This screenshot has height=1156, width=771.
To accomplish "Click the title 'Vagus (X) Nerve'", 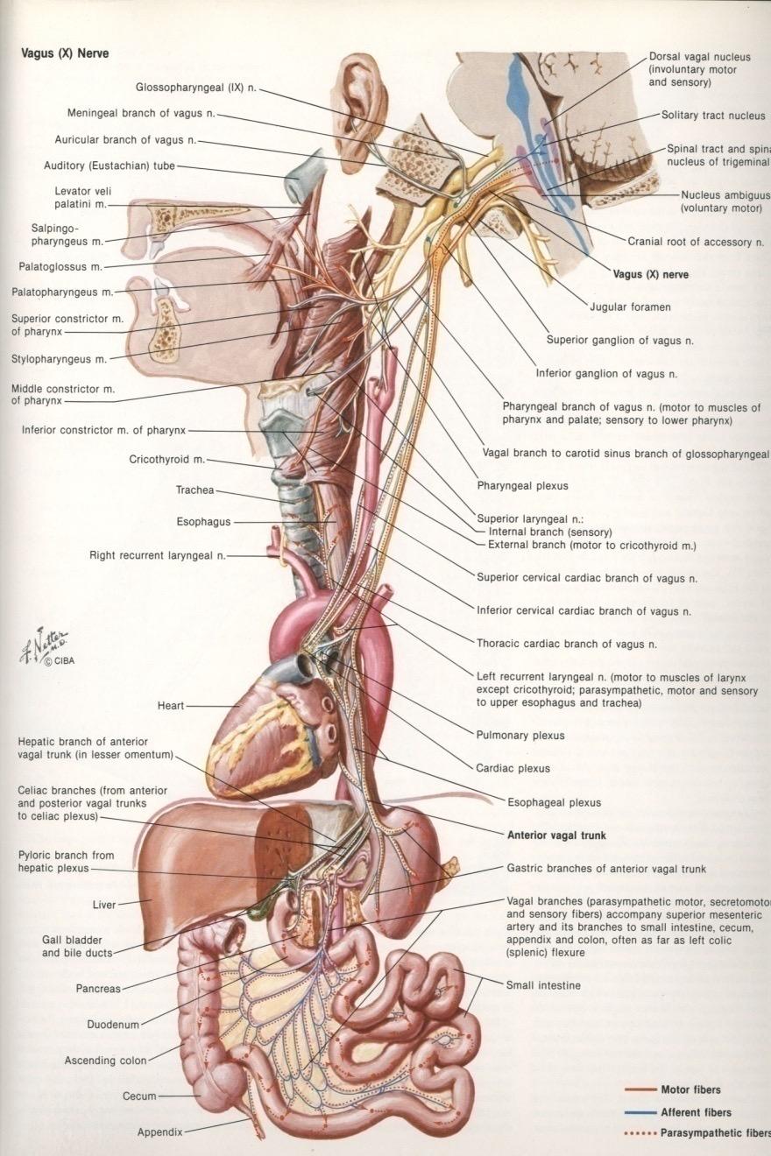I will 66,53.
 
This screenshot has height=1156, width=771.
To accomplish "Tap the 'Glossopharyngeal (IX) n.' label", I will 195,87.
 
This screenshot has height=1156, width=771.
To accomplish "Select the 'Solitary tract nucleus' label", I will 713,115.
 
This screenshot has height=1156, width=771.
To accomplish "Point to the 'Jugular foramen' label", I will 630,307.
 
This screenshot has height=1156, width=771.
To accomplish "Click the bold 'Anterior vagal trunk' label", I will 556,835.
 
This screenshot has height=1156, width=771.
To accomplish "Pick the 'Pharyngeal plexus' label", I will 522,485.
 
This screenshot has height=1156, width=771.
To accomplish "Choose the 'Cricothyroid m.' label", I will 166,459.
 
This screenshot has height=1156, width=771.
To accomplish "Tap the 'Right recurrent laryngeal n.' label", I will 158,555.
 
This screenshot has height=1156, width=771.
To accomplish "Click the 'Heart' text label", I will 171,705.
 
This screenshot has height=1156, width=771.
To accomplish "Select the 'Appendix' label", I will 159,1131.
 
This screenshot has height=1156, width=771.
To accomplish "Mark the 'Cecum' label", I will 139,1096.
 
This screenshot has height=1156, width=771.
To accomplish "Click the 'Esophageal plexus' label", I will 554,801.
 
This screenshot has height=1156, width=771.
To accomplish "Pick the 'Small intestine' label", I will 543,985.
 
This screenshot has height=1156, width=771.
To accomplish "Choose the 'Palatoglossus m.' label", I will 60,266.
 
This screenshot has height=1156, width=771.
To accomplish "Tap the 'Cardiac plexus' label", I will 513,768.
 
